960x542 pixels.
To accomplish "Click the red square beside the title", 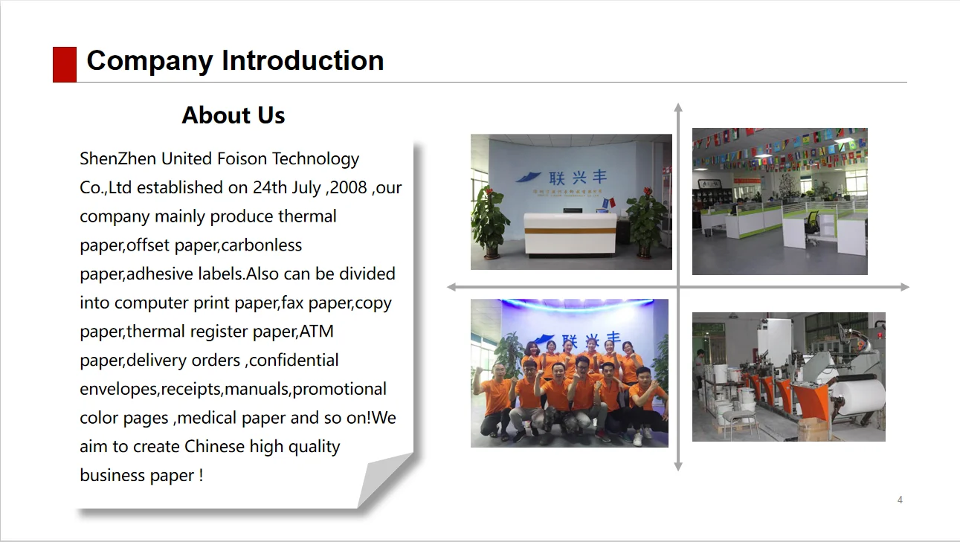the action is click(x=65, y=64).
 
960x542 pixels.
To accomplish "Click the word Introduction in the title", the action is click(x=303, y=60).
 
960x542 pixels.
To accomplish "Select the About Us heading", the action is click(x=233, y=115).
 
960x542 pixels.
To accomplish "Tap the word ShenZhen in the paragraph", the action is click(x=117, y=159).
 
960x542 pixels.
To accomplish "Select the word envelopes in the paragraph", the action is click(x=118, y=390).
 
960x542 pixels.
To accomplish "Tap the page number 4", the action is click(x=900, y=500).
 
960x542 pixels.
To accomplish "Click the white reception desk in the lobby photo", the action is click(x=570, y=233).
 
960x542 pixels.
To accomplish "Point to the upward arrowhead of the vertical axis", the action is click(x=678, y=107).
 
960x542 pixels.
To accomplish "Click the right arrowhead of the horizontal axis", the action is click(x=905, y=287).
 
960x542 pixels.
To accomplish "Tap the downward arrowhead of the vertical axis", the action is click(x=678, y=467).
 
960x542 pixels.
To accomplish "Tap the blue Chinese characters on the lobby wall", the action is click(x=578, y=177).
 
